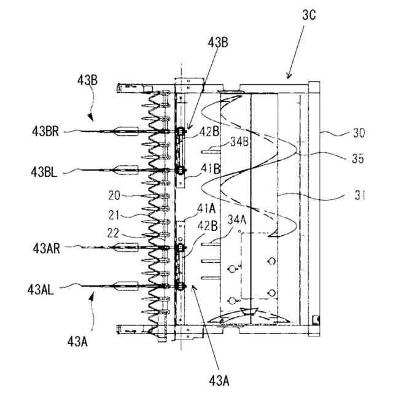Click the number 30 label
tap(357, 131)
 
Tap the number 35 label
tap(358, 158)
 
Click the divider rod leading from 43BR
tap(123, 131)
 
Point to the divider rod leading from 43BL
tap(123, 169)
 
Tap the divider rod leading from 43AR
tap(123, 247)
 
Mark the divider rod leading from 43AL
tap(123, 286)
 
